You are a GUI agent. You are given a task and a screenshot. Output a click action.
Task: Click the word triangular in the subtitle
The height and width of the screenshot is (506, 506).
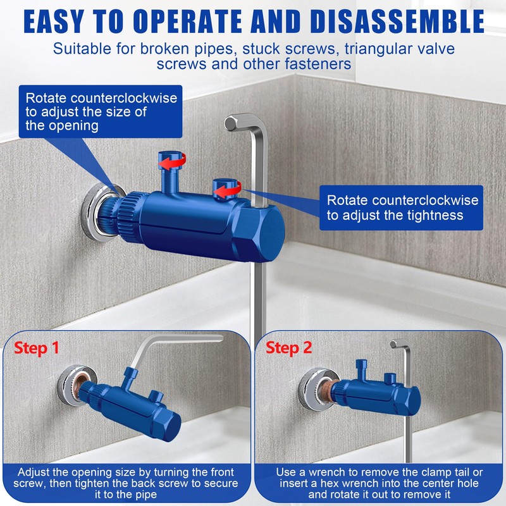[x=366, y=49]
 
